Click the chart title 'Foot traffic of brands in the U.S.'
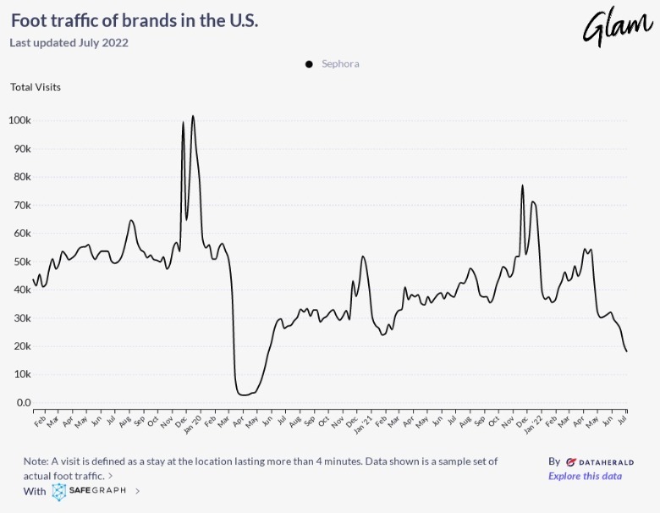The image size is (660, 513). tap(135, 20)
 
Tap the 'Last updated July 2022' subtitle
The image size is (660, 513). tap(69, 42)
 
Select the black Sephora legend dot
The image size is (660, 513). tap(309, 63)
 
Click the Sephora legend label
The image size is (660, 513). tap(340, 63)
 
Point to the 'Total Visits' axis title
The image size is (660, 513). tap(36, 86)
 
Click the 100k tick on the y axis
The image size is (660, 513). tap(19, 120)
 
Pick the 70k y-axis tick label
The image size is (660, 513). tap(21, 205)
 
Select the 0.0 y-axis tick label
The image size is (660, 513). tap(24, 403)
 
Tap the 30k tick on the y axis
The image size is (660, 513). tap(21, 318)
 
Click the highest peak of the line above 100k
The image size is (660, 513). tap(193, 116)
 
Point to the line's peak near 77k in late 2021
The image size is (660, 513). tap(523, 185)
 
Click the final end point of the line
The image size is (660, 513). tap(626, 351)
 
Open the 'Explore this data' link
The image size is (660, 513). tap(585, 476)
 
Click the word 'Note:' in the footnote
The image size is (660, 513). tap(37, 461)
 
